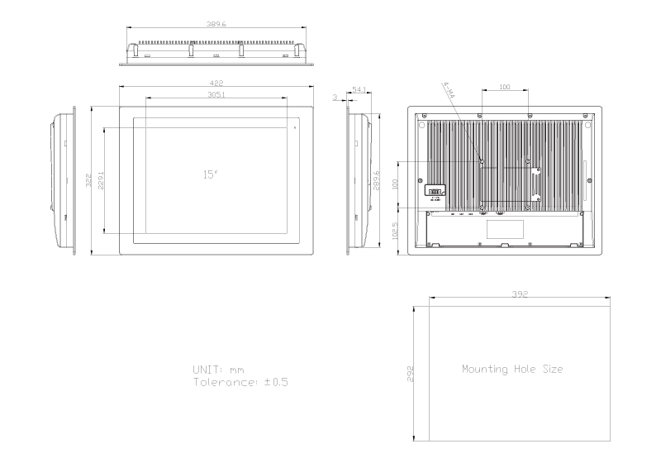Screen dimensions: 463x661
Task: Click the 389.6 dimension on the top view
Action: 217,25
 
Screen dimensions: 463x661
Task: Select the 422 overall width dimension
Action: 216,84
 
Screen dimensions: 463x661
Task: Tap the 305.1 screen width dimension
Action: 216,94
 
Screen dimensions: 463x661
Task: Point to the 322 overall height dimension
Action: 88,180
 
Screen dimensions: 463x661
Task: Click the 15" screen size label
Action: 210,174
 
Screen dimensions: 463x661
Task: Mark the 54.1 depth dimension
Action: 359,88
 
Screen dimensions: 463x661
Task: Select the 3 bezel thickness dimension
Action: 335,97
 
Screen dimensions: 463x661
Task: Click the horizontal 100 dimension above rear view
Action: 504,86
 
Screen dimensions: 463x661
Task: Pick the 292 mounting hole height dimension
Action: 411,373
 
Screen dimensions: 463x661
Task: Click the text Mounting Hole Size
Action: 512,370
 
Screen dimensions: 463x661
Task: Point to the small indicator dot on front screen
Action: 294,126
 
